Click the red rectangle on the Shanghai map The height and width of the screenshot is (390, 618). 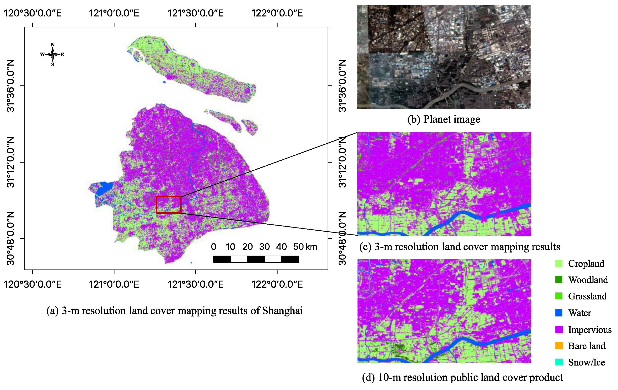coord(169,205)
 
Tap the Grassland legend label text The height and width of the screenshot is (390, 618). coord(587,296)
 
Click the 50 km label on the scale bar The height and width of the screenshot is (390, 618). coord(305,247)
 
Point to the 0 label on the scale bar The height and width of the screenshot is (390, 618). coord(213,247)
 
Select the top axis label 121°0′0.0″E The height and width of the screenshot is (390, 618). coord(114,13)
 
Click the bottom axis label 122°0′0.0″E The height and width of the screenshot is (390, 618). coord(277,284)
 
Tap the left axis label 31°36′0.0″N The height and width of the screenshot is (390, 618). coord(11,86)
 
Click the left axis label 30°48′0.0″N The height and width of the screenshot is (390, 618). coord(11,238)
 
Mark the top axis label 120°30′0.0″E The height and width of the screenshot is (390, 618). coord(33,13)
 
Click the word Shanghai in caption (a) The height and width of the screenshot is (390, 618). coord(282,311)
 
